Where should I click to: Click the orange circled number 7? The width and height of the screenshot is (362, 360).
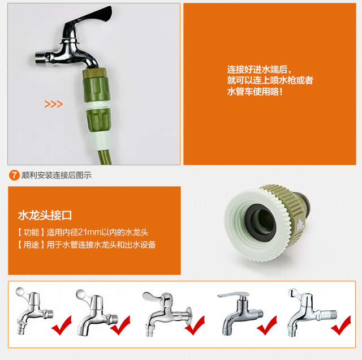pos(14,175)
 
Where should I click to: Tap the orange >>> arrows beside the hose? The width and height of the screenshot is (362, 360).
pos(54,104)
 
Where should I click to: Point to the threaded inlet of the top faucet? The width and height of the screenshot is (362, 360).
pos(41,59)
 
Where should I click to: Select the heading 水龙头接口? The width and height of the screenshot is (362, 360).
pos(45,215)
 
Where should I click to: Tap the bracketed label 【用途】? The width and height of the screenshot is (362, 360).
pos(31,245)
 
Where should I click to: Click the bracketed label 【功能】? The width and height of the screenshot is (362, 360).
pos(31,232)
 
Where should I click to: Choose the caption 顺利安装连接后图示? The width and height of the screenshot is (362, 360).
pos(57,175)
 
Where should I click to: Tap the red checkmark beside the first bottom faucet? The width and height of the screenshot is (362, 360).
pos(62,325)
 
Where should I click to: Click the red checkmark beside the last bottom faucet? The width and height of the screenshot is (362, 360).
pos(341,325)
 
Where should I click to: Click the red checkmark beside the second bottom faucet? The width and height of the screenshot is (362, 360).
pos(120,325)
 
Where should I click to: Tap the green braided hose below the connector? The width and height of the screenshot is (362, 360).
pos(103,157)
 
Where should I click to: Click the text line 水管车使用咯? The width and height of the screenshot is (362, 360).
pos(255,92)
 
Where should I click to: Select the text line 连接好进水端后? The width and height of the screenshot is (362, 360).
pos(259,69)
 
